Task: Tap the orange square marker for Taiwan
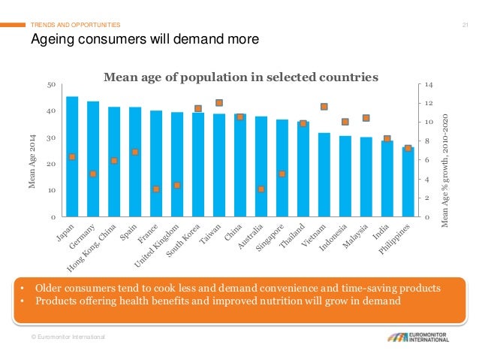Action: coord(219,103)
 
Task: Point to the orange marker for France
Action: coord(156,189)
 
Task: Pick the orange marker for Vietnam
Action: coord(324,107)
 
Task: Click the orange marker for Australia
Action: coord(261,189)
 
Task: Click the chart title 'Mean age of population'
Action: coord(240,77)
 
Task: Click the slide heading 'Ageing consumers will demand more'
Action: coord(143,39)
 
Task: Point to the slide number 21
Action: coord(465,26)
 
